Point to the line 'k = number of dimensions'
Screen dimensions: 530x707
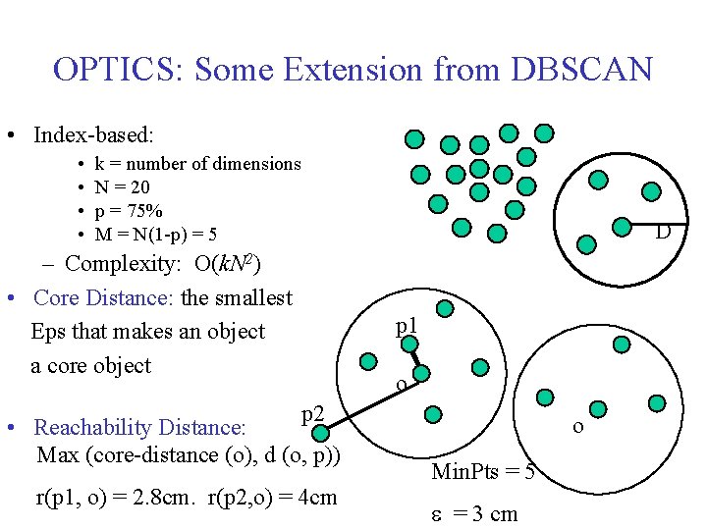197,164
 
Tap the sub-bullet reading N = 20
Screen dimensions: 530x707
122,187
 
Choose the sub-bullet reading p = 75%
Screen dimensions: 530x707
129,211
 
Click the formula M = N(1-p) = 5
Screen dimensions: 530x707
156,235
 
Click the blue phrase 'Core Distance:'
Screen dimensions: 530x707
104,297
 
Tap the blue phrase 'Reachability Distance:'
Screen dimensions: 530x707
139,428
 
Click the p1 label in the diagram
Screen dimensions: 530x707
407,326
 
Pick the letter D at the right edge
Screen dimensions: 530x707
663,233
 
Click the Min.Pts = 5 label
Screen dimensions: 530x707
483,473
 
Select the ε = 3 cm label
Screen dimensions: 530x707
475,513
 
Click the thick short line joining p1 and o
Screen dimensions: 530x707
415,356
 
